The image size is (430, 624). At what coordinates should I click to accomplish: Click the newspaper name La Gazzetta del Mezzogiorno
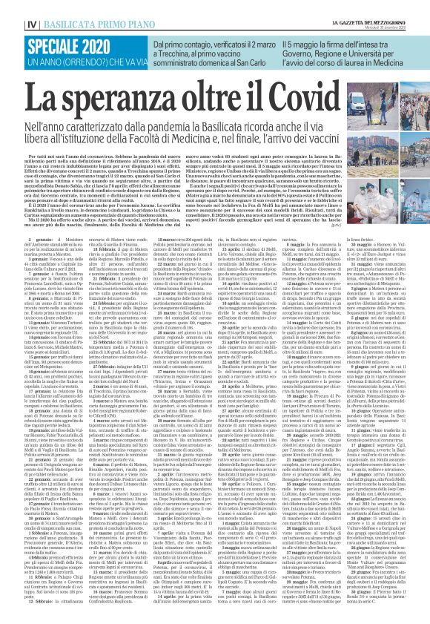point(383,4)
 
